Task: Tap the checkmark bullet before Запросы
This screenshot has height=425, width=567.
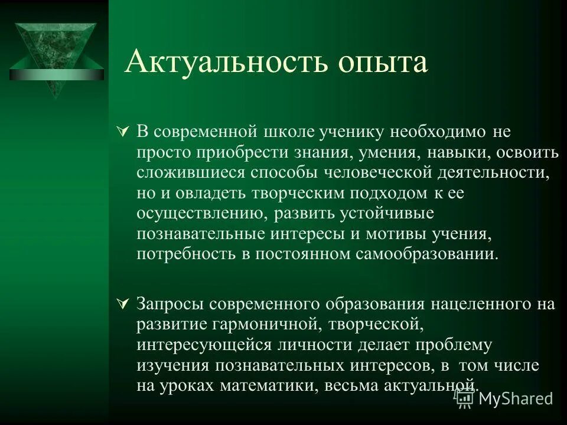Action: [123, 304]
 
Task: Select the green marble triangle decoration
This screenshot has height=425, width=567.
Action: [57, 56]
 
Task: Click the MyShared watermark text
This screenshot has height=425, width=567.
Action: [515, 398]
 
